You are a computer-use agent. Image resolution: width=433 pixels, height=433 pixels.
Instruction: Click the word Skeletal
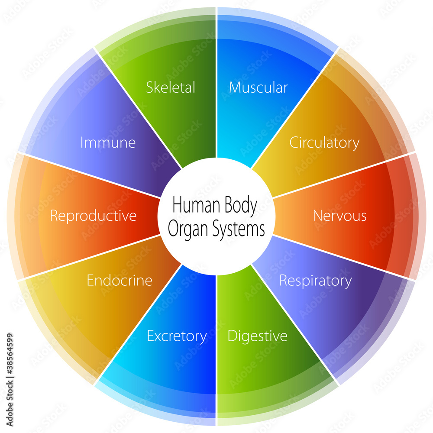coord(171,87)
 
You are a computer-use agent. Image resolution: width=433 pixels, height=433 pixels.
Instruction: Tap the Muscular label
coord(258,87)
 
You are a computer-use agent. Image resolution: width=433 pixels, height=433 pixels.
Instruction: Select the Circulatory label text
coord(324,142)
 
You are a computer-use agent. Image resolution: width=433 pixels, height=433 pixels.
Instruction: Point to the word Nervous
coord(339,215)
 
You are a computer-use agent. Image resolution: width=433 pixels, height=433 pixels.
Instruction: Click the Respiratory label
coord(315,281)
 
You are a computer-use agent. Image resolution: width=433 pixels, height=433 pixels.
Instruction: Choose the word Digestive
coord(257,336)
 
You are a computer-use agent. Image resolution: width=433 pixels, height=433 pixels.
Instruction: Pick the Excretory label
coord(177,336)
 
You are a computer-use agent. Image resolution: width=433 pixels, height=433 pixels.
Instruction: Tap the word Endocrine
coord(120,280)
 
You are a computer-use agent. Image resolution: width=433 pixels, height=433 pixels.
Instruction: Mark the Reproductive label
coord(93,215)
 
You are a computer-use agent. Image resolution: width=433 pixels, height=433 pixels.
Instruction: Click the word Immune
coord(108,142)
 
